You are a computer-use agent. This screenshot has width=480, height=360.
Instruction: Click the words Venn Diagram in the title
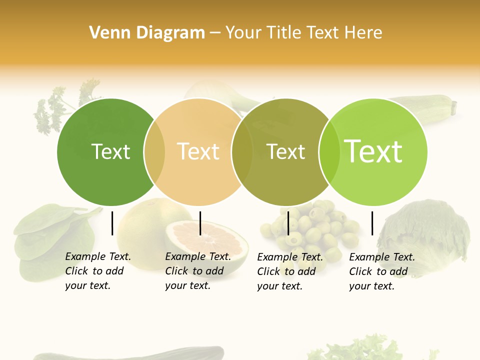[147, 32]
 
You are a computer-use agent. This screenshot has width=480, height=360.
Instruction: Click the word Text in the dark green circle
[111, 151]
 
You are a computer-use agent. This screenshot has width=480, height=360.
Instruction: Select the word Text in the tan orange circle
[198, 151]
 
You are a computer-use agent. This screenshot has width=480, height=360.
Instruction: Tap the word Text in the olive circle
[286, 151]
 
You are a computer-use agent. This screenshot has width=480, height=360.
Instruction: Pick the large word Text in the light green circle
[373, 151]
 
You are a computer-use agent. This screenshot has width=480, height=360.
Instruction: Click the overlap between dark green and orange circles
[154, 152]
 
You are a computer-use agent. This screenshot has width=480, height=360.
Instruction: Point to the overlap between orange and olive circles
[242, 152]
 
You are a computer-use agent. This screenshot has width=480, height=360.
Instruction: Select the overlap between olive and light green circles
[329, 152]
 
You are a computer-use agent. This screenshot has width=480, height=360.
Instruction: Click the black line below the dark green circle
[112, 223]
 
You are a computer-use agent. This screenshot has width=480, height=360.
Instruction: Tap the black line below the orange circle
[200, 223]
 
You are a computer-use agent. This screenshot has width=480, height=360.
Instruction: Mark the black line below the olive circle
[288, 223]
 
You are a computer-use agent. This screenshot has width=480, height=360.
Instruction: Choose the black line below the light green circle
[372, 223]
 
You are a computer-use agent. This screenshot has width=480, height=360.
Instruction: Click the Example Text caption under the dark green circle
[97, 271]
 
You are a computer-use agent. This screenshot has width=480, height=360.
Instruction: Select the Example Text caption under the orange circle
[197, 271]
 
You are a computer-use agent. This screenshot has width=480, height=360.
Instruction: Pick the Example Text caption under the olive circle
[289, 271]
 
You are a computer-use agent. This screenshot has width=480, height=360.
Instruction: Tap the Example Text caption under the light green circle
[381, 271]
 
